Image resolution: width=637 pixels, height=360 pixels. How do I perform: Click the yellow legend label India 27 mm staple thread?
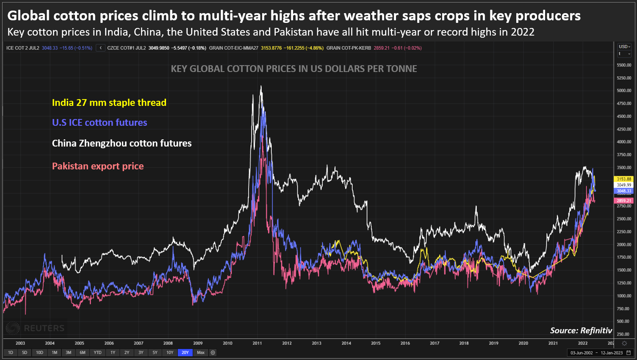coord(109,102)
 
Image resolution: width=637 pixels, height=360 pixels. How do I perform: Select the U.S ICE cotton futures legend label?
coord(100,122)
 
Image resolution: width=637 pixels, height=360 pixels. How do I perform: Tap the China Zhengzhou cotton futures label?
coord(122,143)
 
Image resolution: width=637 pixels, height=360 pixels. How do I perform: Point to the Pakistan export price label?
coord(98,166)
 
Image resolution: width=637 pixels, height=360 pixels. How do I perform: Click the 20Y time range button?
coord(185,352)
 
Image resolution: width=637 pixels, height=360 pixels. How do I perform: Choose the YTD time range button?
coord(97,352)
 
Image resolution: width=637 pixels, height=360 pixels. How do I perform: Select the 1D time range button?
coord(11,352)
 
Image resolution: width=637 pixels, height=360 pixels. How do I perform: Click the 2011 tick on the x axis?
coord(257,343)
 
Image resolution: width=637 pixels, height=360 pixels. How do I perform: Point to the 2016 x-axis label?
coord(405,343)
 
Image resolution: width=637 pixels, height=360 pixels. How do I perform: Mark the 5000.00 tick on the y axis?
coord(624,91)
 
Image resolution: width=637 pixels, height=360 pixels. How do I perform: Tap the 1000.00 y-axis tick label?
coord(624,296)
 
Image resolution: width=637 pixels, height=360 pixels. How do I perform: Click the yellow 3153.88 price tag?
coord(623,179)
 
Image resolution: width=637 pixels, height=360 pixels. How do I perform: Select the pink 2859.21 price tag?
coord(623,201)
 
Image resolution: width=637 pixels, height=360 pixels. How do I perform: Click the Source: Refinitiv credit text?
coord(581,330)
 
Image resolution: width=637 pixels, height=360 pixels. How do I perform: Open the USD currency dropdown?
coord(624,47)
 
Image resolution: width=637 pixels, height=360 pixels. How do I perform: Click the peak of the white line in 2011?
coord(261,86)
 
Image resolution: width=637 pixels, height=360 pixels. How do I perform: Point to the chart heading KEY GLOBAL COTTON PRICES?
coord(294,69)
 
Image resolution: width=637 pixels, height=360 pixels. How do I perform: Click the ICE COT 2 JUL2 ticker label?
coord(22,48)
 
